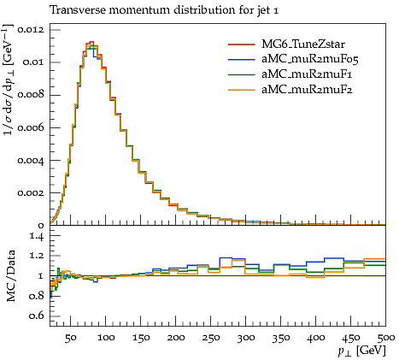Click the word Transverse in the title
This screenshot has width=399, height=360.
pos(77,10)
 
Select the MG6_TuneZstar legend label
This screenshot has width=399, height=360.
pos(303,44)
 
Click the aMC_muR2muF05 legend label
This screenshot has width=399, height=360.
pos(310,59)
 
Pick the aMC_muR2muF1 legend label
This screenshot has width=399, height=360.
pos(307,74)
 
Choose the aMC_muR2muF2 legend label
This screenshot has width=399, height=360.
pos(307,90)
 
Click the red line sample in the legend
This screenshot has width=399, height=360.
pos(241,44)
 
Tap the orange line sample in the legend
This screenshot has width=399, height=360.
pos(241,90)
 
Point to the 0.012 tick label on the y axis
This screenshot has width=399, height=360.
pos(31,30)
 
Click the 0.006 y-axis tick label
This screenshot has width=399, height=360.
pos(31,127)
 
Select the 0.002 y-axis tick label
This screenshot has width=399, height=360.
pos(31,192)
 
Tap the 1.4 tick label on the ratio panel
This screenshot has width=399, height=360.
pos(37,236)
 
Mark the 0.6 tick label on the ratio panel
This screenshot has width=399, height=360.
pos(37,316)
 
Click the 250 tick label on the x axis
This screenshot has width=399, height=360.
pos(210,338)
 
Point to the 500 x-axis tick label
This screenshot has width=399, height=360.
pos(386,338)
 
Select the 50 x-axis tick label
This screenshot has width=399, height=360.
pos(71,338)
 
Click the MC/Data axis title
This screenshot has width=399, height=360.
pos(10,276)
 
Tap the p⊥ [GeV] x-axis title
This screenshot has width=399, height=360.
pos(362,351)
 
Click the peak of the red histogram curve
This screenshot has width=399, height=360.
pos(91,42)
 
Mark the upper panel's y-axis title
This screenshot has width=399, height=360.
pos(9,80)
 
